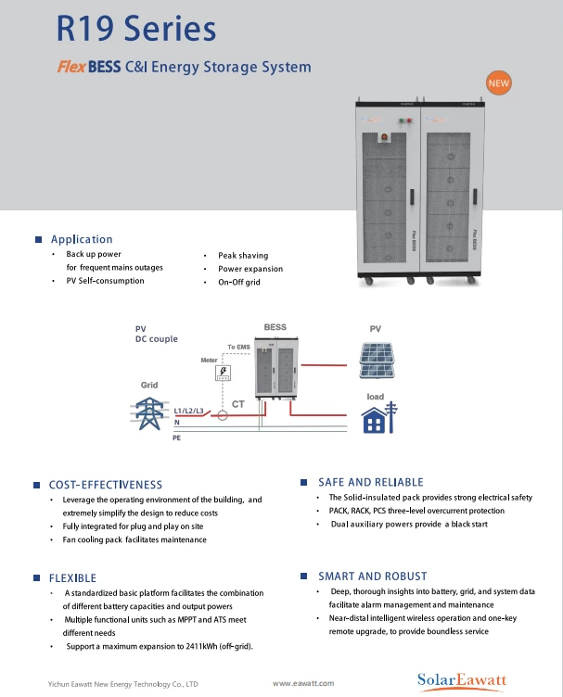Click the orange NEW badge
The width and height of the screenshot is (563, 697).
(499, 83)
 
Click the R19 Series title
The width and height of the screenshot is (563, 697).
(135, 29)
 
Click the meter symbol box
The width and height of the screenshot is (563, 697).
(223, 373)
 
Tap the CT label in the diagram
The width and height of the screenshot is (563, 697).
(237, 404)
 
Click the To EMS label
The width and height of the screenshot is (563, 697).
(238, 347)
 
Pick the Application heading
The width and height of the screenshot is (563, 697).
(82, 239)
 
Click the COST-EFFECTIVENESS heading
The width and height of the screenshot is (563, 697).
(106, 485)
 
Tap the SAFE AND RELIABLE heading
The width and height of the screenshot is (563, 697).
(370, 482)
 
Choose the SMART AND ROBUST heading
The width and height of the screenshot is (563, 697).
(372, 576)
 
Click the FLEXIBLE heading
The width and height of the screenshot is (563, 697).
(72, 578)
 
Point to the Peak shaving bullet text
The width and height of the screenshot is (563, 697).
(243, 255)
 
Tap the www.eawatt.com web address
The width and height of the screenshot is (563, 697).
(302, 683)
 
